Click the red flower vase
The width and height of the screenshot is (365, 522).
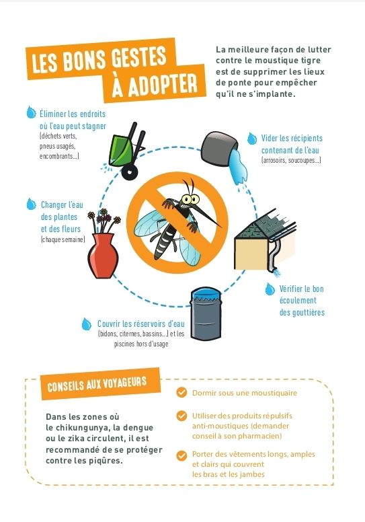pyautogui.click(x=103, y=256)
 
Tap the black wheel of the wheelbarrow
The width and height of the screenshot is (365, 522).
pyautogui.click(x=130, y=172)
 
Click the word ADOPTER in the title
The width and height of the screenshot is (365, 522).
pyautogui.click(x=155, y=85)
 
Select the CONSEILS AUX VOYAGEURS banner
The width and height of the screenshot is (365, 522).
pyautogui.click(x=100, y=384)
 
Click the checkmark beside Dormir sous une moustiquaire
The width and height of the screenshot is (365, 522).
pyautogui.click(x=181, y=392)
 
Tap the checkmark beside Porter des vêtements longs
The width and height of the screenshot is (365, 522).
pyautogui.click(x=181, y=456)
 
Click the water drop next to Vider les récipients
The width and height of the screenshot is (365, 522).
pyautogui.click(x=252, y=138)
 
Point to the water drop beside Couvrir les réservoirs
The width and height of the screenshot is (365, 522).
pyautogui.click(x=87, y=324)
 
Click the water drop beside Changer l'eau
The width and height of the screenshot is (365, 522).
pyautogui.click(x=32, y=204)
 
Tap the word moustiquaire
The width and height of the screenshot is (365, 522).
pyautogui.click(x=274, y=393)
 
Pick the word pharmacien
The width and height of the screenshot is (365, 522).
pyautogui.click(x=260, y=436)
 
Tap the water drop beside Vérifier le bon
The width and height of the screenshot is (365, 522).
pyautogui.click(x=270, y=289)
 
